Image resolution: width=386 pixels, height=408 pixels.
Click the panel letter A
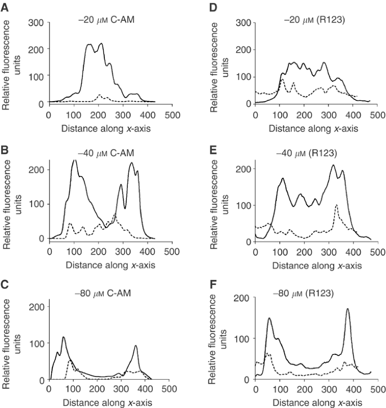tap(5, 5)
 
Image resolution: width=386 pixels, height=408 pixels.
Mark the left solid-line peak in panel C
tap(63, 337)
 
